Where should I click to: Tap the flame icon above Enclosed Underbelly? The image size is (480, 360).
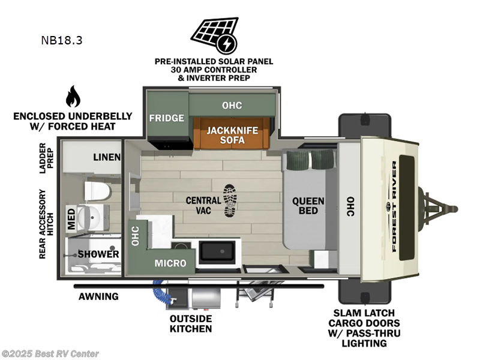coord(73,96)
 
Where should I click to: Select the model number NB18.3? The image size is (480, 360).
coord(62,41)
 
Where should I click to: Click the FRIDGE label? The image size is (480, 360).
coord(166,118)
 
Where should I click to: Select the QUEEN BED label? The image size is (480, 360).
coord(308,206)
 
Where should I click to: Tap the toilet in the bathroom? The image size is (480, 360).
coord(98,191)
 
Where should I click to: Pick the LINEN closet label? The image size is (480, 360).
coord(107,157)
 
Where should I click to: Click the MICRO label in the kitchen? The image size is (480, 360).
coord(170,263)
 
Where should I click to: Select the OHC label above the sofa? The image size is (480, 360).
coord(232,105)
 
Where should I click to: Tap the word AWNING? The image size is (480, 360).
coord(98,296)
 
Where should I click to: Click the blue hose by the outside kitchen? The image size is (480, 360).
coord(160,295)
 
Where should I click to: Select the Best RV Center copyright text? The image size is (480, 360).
coord(50,354)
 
